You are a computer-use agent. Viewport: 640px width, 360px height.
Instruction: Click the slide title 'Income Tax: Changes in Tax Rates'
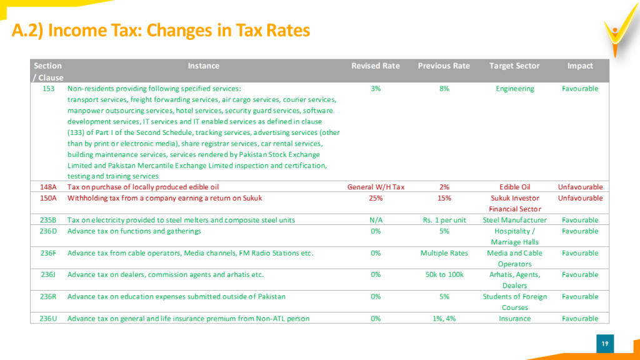click(179, 30)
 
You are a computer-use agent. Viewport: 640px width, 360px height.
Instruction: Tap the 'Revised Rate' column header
click(376, 66)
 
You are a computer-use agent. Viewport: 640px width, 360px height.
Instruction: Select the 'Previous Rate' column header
click(444, 66)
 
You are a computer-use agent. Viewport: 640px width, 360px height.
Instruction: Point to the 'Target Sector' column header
click(514, 66)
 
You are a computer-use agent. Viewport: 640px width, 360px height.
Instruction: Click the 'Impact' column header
click(580, 66)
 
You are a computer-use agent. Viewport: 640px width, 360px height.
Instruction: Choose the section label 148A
click(48, 187)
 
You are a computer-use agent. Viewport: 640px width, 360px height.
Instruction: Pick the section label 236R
click(48, 296)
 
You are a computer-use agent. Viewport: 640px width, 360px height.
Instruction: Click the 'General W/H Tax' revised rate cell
click(376, 187)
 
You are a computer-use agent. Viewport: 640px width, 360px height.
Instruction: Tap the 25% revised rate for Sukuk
click(376, 198)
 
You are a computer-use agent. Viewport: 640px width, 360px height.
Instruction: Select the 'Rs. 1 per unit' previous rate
click(444, 220)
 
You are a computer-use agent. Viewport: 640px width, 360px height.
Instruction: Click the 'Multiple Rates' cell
click(444, 253)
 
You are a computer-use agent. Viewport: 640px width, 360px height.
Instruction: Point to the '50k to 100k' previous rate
click(444, 275)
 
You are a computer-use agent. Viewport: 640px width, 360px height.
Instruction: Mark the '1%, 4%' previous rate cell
click(444, 318)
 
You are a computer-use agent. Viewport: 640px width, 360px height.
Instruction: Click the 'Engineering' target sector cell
click(515, 89)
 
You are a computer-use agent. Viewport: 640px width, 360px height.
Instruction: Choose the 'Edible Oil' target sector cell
click(515, 187)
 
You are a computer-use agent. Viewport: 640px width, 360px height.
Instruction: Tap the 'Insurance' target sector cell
click(515, 318)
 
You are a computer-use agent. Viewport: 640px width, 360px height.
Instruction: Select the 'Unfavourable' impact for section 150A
click(580, 198)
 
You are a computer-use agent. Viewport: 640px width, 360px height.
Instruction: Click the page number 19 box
click(605, 344)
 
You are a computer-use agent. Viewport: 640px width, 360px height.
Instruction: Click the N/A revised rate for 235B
click(376, 220)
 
